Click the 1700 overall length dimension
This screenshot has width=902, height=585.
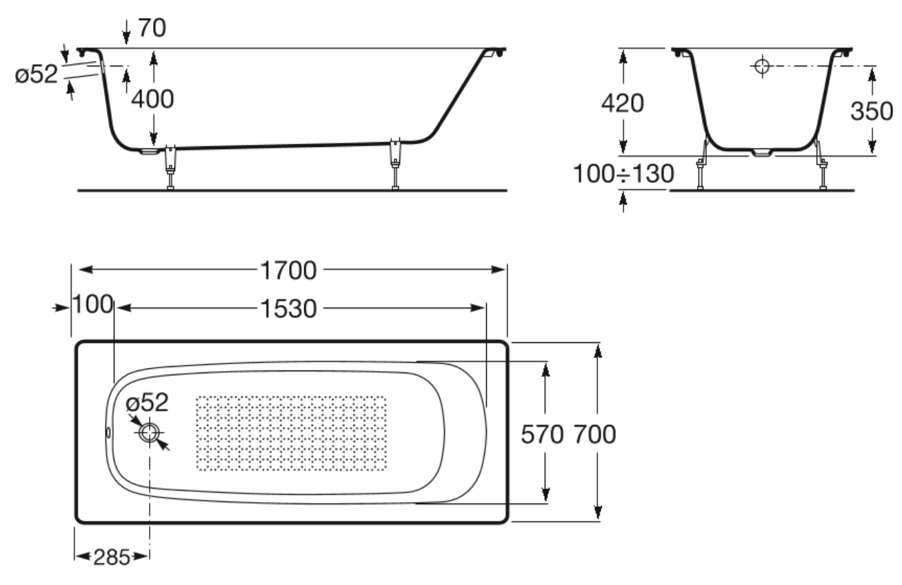288,270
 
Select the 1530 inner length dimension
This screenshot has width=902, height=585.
288,309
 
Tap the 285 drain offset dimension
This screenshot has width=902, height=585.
112,557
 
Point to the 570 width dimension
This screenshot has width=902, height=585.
542,435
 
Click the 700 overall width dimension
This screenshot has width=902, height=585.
594,435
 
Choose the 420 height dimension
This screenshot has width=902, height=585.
622,103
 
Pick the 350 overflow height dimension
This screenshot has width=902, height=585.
871,111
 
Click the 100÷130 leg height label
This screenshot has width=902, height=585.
623,174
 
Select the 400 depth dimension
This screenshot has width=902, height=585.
152,99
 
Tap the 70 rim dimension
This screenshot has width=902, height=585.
152,28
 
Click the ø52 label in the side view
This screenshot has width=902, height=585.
37,75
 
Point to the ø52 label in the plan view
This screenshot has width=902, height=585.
147,402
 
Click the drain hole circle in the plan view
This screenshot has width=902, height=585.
149,433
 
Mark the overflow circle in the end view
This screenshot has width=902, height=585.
762,66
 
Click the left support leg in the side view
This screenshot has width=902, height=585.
170,167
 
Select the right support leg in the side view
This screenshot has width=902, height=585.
395,163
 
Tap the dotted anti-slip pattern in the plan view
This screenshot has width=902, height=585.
291,433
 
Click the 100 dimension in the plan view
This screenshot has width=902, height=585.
92,304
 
